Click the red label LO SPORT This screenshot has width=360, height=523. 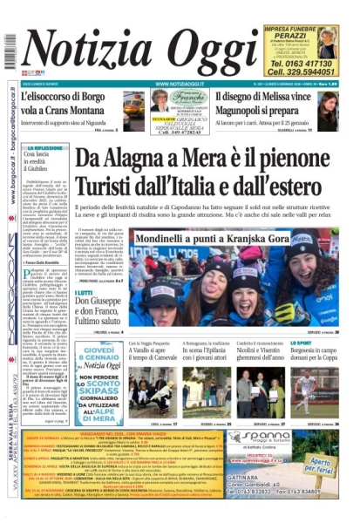[x=301, y=343]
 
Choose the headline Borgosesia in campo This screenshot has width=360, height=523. [x=313, y=352]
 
